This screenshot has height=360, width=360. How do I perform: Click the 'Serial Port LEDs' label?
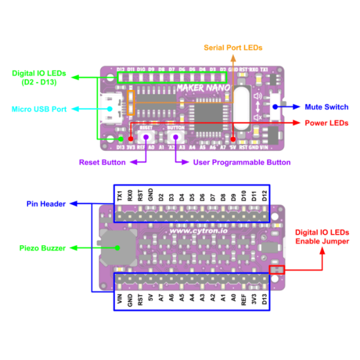tap(233, 48)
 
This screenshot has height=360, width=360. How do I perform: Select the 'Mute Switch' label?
tap(326, 107)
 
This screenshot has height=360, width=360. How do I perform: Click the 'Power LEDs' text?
tap(326, 123)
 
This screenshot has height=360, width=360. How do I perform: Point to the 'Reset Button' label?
tap(102, 163)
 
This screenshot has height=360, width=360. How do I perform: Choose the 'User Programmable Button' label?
tap(242, 163)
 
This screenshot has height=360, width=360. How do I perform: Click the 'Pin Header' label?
tap(46, 204)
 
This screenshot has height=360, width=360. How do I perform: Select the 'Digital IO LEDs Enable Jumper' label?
tap(322, 237)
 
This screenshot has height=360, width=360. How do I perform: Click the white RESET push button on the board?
tap(146, 137)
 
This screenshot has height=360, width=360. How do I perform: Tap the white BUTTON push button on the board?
tap(176, 137)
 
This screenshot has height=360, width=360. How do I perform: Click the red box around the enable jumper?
tap(277, 269)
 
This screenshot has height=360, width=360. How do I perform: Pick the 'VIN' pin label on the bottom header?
tap(119, 299)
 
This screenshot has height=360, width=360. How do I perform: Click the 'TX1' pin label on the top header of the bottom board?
tap(119, 195)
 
